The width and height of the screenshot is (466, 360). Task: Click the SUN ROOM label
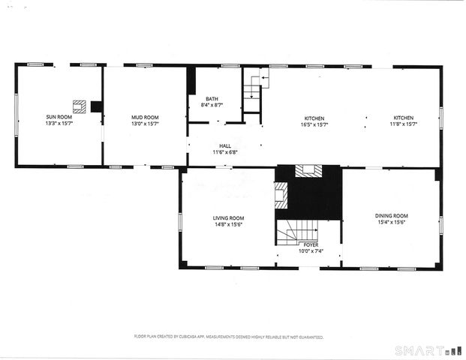59,118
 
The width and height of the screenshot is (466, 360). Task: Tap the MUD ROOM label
145,118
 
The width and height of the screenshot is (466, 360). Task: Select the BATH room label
212,99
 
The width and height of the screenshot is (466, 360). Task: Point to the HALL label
225,146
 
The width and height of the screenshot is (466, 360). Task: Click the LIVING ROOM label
228,217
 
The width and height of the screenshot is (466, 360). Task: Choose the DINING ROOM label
392,216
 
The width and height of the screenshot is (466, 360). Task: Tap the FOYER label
310,244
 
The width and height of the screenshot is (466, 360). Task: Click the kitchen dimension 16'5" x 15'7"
314,124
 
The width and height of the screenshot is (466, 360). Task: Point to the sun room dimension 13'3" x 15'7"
59,124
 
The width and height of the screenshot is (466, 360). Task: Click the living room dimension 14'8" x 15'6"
228,224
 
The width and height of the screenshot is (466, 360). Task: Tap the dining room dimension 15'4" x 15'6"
392,223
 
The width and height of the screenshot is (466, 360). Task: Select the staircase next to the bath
251,91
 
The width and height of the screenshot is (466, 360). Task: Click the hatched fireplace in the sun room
79,106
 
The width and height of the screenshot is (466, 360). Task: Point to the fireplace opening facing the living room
281,196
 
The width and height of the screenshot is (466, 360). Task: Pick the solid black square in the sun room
96,106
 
